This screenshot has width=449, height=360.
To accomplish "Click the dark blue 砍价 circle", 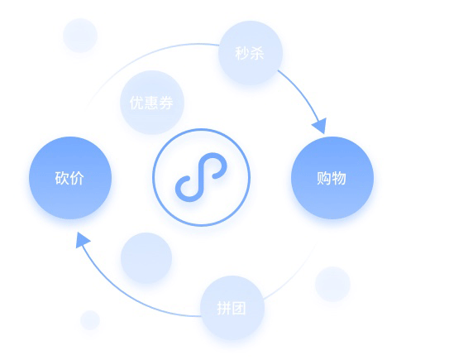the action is pyautogui.click(x=70, y=178).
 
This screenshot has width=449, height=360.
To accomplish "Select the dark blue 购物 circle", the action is pyautogui.click(x=332, y=178).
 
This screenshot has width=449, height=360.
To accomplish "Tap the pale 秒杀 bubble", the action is pyautogui.click(x=251, y=53).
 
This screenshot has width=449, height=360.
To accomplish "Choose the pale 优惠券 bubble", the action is pyautogui.click(x=152, y=103).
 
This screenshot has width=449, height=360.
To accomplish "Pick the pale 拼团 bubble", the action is pyautogui.click(x=232, y=308).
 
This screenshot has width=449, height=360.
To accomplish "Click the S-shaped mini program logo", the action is pyautogui.click(x=201, y=177).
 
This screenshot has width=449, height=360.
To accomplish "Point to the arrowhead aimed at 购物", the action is pyautogui.click(x=321, y=126).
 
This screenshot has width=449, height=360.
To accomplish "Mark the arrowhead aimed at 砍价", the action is pyautogui.click(x=82, y=240).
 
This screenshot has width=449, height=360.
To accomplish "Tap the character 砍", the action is pyautogui.click(x=62, y=178).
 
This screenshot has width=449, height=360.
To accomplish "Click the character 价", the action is pyautogui.click(x=77, y=178).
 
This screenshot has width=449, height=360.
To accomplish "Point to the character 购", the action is pyautogui.click(x=324, y=178).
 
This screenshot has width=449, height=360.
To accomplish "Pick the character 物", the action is pyautogui.click(x=339, y=178).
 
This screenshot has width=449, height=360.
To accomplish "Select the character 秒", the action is pyautogui.click(x=242, y=53).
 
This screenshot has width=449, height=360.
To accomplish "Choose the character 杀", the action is pyautogui.click(x=257, y=53).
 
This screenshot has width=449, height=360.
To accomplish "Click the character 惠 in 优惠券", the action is pyautogui.click(x=151, y=103).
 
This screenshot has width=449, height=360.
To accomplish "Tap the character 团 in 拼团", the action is pyautogui.click(x=239, y=309).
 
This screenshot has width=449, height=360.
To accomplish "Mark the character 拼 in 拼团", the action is pyautogui.click(x=224, y=309).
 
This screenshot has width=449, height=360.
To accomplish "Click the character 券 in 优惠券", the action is pyautogui.click(x=166, y=103).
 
